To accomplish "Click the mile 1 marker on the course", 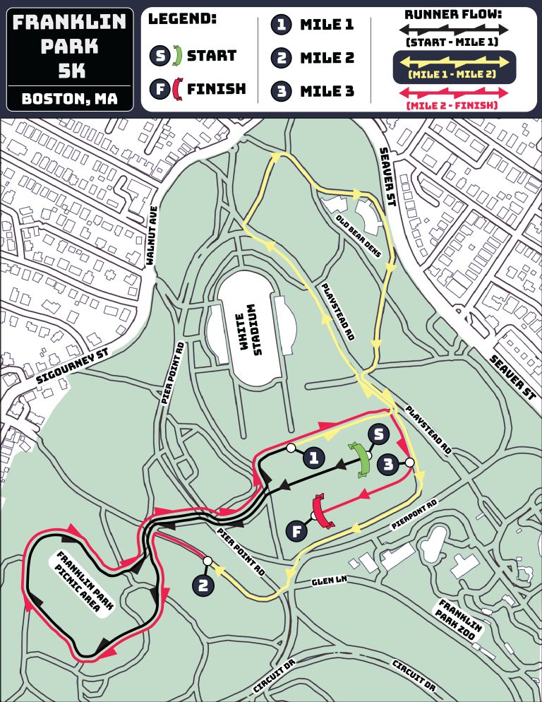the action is [314, 458].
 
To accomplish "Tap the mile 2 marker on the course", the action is [203, 585].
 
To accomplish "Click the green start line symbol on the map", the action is [363, 460].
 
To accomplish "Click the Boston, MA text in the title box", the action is [69, 98].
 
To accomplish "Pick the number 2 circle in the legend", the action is [282, 57].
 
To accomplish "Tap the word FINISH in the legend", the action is [216, 89].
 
